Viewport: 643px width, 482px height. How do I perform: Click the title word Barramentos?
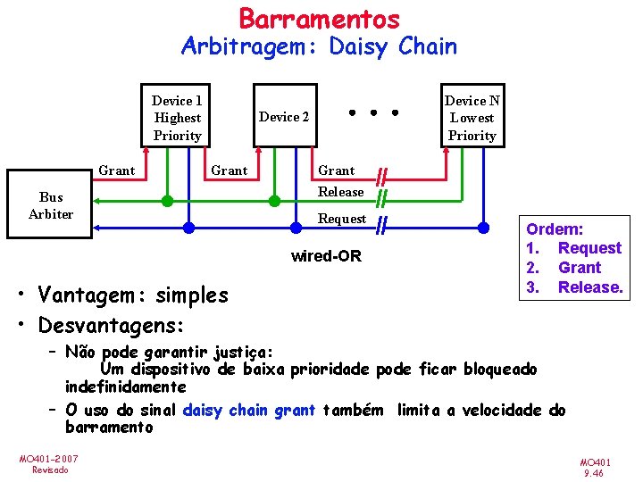click(319, 18)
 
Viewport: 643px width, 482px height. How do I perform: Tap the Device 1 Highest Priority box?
click(177, 118)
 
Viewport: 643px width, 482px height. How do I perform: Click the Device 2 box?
click(284, 117)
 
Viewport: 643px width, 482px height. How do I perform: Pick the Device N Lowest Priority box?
click(472, 118)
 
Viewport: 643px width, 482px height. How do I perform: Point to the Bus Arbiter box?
click(51, 205)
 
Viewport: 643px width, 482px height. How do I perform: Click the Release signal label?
click(340, 192)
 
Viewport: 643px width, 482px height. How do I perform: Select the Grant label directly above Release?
click(337, 170)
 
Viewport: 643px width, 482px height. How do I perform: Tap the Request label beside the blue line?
click(342, 219)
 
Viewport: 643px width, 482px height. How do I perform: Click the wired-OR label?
click(327, 257)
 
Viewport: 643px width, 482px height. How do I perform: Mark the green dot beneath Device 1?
click(167, 201)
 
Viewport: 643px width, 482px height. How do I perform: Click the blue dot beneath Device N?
click(483, 228)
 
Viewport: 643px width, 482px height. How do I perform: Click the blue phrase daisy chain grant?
click(249, 411)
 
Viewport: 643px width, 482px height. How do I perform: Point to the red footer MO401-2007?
click(48, 459)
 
